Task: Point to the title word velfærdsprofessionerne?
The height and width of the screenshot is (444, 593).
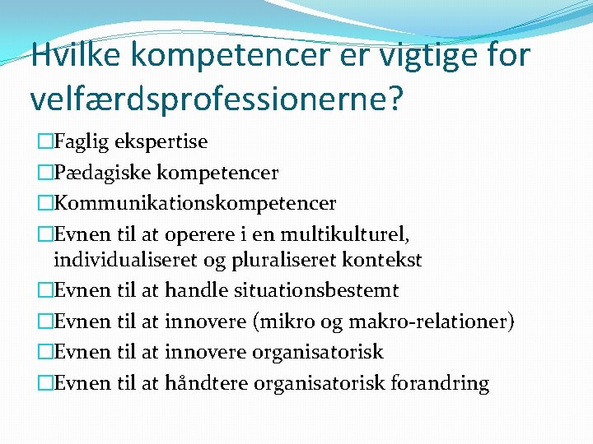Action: pos(217,99)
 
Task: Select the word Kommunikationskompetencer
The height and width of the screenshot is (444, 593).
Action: pos(194,202)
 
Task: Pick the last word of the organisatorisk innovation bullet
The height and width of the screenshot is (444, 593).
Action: pos(318,352)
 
